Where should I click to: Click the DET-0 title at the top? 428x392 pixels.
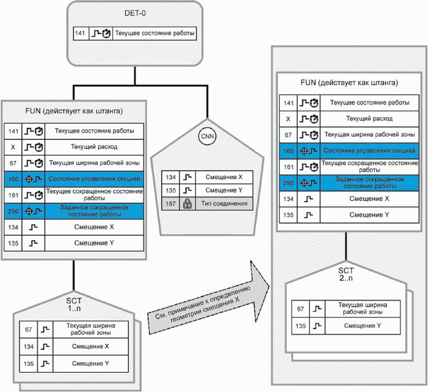(135, 13)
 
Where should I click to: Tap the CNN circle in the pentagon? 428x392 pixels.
(207, 136)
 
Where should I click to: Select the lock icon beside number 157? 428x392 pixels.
(187, 203)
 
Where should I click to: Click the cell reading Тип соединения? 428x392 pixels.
(224, 203)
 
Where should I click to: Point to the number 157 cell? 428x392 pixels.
(171, 203)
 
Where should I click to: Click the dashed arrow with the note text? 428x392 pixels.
(209, 298)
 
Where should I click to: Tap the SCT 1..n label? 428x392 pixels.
(73, 305)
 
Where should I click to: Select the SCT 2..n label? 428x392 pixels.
(346, 274)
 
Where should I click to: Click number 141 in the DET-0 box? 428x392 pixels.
(80, 33)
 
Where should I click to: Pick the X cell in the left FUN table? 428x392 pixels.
(13, 147)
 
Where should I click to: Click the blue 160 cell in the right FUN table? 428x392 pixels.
(288, 151)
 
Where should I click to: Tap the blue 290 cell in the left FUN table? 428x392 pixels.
(13, 211)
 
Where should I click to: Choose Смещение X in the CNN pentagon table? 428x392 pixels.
(224, 177)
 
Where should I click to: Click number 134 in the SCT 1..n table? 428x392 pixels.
(28, 347)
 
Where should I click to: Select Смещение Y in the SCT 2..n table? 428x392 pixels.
(363, 326)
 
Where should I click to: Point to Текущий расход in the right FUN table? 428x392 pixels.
(369, 118)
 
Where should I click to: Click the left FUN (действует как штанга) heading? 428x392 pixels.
(74, 111)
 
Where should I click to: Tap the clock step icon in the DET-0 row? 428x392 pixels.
(101, 33)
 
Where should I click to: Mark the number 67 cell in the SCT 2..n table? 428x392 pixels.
(301, 309)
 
